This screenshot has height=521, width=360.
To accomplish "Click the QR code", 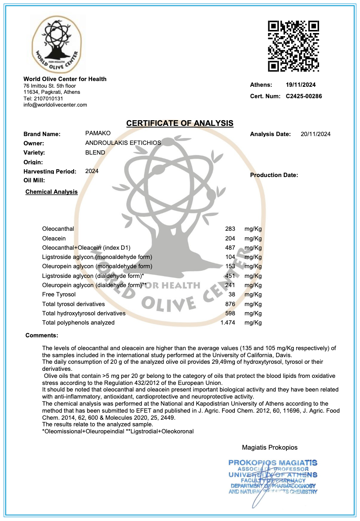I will coord(293,46).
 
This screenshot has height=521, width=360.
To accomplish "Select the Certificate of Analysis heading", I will coord(180,123).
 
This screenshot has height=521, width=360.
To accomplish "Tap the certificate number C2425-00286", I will coord(304,96).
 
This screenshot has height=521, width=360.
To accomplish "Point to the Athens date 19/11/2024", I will coord(301,85).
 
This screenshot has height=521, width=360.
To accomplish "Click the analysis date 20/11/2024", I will coord(315,134).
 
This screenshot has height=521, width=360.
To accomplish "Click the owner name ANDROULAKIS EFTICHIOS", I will coord(123,143).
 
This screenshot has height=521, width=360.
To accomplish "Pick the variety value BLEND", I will coord(95,152).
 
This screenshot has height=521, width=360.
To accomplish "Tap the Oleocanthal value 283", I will coord(230,229).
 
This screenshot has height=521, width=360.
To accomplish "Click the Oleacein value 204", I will coord(230,238).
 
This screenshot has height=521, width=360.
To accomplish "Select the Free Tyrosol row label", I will coord(59,294).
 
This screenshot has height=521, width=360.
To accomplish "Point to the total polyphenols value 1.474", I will coord(228,323).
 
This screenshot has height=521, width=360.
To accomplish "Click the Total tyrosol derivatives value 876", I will coord(230,304).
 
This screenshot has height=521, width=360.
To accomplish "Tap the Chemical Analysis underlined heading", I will coord(52,192).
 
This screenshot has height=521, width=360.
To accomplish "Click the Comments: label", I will coord(42,336).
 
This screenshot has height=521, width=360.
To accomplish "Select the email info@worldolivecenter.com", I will coord(55,105).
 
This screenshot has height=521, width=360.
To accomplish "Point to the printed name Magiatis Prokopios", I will coord(270,447).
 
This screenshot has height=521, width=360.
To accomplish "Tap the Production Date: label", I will coord(274,175).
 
